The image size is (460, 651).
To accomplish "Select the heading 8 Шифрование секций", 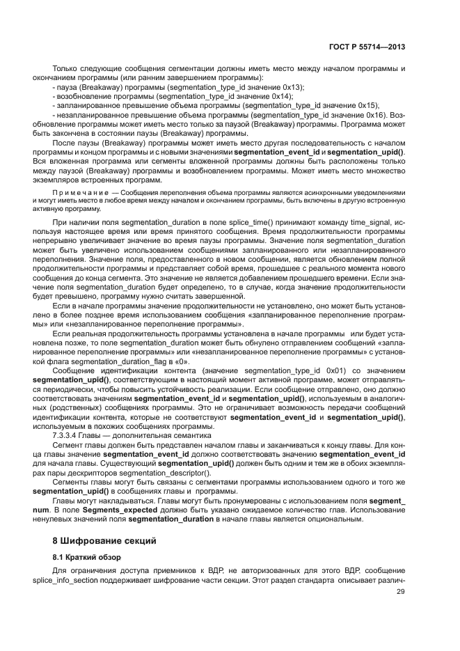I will [99, 540].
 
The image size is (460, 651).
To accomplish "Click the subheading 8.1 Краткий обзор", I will [87, 556].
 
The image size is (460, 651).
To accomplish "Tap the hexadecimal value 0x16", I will [372, 113].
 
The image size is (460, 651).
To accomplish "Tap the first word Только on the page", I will [64, 70].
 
